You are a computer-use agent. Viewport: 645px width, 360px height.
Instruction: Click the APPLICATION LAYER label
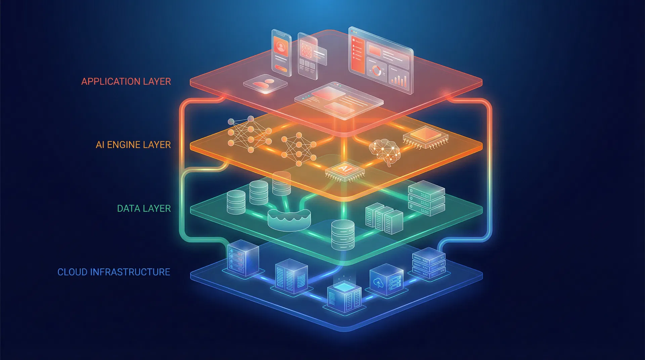click(x=126, y=82)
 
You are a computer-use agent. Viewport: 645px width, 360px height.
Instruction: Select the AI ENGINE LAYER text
click(x=133, y=145)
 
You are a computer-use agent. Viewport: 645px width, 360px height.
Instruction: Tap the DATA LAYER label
click(x=144, y=209)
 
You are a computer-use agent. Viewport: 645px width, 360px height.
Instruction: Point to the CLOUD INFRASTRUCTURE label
click(x=114, y=272)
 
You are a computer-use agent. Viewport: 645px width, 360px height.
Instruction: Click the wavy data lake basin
click(x=289, y=220)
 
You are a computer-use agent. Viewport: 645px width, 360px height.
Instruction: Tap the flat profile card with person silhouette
click(x=265, y=84)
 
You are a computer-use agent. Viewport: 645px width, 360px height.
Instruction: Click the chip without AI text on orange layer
click(x=426, y=137)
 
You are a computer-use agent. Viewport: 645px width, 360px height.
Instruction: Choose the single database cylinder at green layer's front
click(x=343, y=235)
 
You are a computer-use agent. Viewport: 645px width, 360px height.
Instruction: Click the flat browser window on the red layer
click(x=339, y=100)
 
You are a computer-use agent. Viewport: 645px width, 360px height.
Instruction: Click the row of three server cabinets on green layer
click(x=384, y=218)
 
